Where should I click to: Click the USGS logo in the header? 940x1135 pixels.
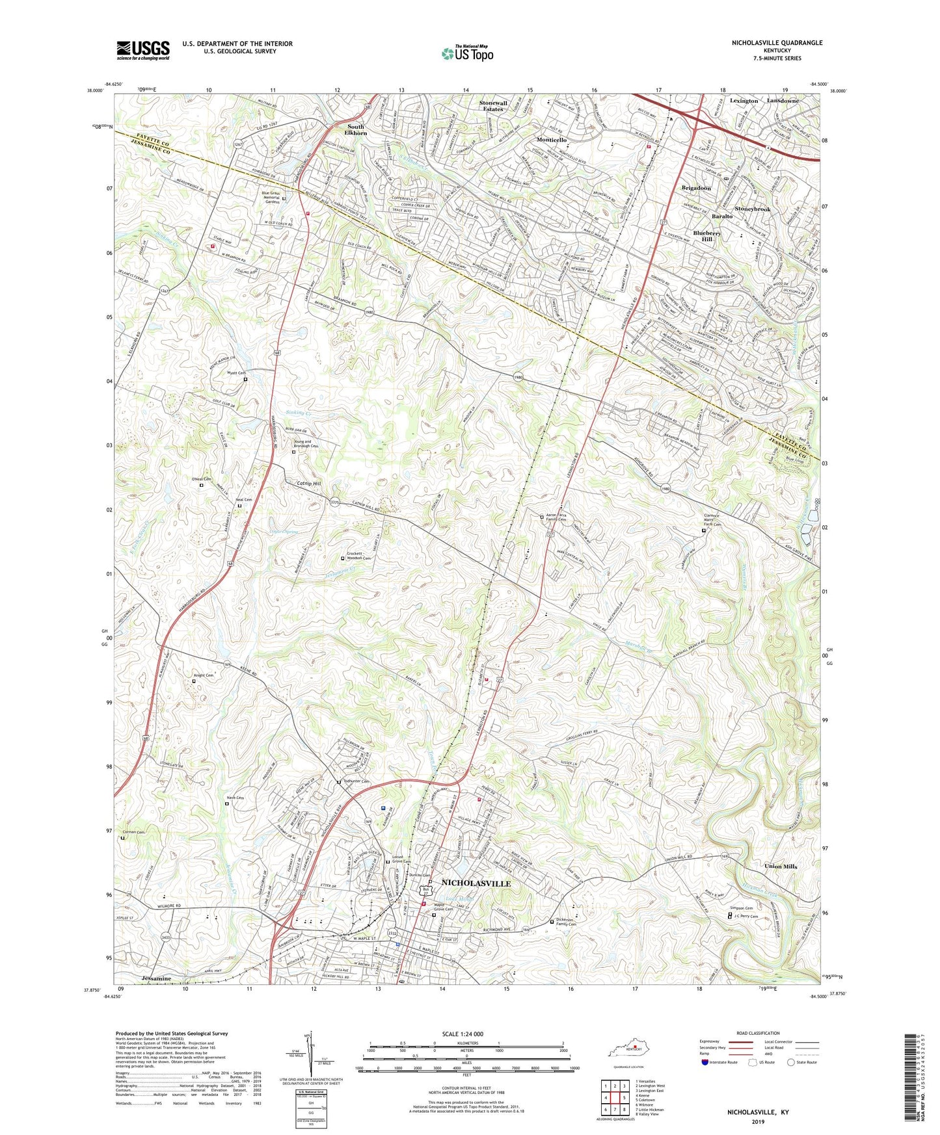tap(142, 49)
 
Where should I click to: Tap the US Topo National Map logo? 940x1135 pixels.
tap(466, 53)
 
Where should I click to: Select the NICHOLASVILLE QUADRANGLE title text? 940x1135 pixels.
tap(768, 43)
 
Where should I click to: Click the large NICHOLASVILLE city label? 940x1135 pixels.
tap(476, 883)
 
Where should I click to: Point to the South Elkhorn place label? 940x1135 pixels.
tap(356, 129)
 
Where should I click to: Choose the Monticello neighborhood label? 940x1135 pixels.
tap(552, 140)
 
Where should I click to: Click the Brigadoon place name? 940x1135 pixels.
tap(696, 188)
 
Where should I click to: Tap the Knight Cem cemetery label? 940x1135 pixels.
tap(204, 675)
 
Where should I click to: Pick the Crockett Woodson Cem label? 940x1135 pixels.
tap(358, 556)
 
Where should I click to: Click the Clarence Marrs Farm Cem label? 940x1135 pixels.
tap(714, 520)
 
